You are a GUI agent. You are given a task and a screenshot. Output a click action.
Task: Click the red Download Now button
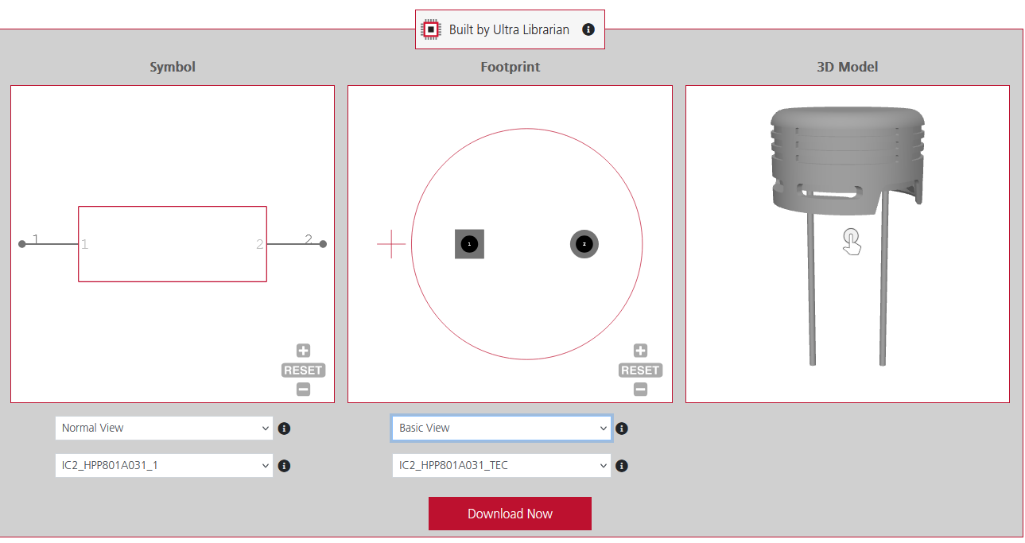(x=510, y=514)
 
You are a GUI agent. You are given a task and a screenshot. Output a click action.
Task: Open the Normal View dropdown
(x=164, y=428)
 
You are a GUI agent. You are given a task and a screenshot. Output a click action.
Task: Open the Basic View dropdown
(x=501, y=428)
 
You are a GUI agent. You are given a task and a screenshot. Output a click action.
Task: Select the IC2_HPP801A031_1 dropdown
(x=164, y=466)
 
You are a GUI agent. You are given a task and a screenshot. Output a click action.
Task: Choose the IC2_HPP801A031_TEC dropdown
(x=501, y=466)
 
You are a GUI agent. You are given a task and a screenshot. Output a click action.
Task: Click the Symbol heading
(x=173, y=67)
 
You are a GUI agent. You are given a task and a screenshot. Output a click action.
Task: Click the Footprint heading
(x=510, y=67)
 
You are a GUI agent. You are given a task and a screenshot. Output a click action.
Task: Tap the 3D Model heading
(x=847, y=67)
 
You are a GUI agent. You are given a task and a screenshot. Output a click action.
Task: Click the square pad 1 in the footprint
(x=469, y=244)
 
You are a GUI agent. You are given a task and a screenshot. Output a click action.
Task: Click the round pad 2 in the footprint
(x=584, y=244)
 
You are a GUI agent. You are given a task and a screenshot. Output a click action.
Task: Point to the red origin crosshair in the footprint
(x=391, y=244)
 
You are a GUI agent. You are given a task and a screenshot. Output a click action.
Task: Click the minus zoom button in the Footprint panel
(x=640, y=390)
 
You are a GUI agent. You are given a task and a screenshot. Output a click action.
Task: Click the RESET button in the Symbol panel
(x=303, y=370)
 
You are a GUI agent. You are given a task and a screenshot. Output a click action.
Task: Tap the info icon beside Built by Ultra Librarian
(x=588, y=29)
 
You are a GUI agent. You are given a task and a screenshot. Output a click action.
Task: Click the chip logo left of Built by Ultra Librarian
(x=430, y=29)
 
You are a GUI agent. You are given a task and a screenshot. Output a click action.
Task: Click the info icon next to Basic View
(x=622, y=429)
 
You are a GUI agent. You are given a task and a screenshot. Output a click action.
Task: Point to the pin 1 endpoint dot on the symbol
(x=22, y=244)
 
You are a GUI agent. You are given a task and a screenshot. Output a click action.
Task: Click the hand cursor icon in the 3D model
(x=852, y=242)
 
